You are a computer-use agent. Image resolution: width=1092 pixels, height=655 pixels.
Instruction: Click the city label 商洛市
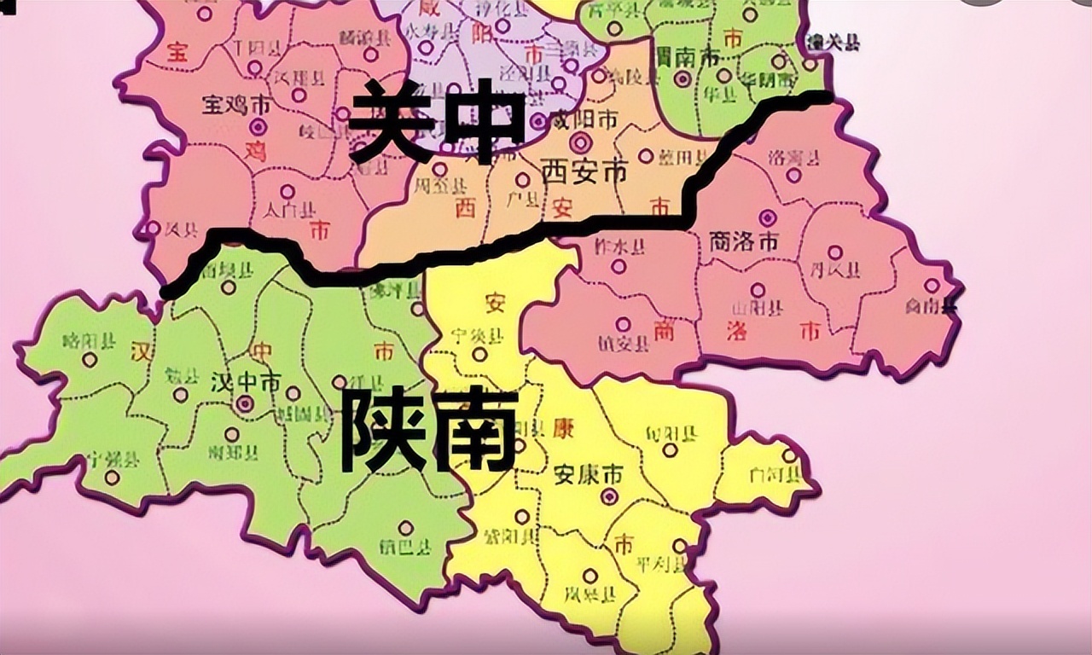click(744, 242)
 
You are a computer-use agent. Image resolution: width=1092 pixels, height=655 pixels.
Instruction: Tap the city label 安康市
click(588, 475)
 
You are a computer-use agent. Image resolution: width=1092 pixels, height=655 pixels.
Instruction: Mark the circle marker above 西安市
click(581, 142)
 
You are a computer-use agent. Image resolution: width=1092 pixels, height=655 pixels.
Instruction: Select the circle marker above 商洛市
click(768, 217)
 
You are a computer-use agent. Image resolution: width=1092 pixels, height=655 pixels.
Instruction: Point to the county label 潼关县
click(834, 42)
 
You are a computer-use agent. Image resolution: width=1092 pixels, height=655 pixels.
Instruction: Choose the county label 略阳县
click(90, 342)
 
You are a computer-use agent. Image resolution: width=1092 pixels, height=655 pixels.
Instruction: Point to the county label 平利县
click(662, 565)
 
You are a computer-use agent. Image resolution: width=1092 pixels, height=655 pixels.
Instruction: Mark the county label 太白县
click(288, 210)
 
